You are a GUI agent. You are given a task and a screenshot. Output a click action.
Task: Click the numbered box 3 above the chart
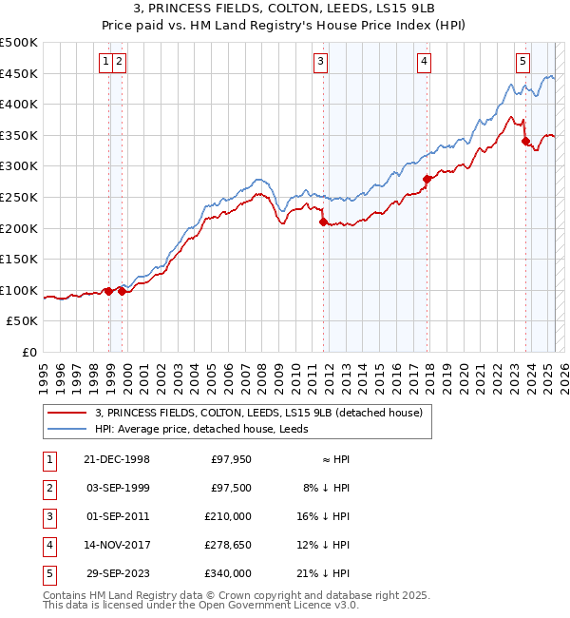321,62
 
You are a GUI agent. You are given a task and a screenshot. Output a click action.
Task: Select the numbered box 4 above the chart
424,62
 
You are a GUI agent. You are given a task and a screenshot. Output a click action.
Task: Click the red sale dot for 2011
324,222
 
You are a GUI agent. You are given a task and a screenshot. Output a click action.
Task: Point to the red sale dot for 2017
427,179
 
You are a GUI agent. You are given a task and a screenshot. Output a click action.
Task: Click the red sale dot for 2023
525,141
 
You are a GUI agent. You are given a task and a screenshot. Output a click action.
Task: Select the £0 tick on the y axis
30,353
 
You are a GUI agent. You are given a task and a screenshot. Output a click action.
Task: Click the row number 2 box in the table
47,488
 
